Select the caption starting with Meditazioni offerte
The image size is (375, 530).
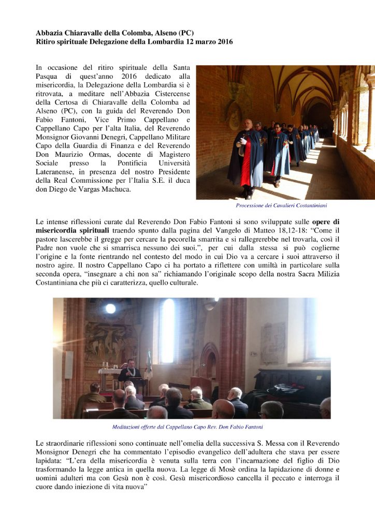pyautogui.click(x=187, y=427)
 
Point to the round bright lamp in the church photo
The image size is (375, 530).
pyautogui.click(x=110, y=308)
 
